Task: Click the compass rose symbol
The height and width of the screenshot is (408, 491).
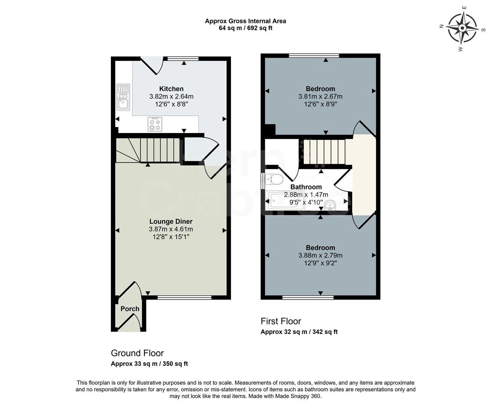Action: click(462, 28)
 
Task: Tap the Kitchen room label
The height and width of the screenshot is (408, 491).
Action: click(171, 89)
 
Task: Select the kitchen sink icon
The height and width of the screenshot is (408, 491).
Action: click(123, 97)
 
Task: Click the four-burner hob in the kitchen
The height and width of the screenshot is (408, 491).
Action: click(155, 124)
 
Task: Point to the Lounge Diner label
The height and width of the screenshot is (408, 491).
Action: click(171, 221)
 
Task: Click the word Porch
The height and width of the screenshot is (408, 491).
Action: click(130, 309)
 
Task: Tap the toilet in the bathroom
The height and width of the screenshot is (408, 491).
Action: click(274, 179)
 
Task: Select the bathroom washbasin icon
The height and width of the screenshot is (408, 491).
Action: click(330, 205)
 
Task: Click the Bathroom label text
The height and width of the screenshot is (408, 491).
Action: click(306, 187)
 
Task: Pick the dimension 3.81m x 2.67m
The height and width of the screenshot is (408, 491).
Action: click(320, 96)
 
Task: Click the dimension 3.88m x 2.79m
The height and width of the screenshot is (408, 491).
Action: click(320, 255)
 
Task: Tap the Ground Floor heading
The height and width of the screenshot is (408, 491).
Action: click(137, 353)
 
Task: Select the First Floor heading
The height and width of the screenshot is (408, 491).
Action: click(281, 321)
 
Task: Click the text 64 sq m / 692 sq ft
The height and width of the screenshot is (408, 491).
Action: click(245, 28)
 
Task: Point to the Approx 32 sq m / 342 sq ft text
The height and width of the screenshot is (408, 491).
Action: click(299, 332)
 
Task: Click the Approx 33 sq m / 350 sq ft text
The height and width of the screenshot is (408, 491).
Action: click(149, 364)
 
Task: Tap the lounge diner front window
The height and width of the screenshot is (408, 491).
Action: click(184, 298)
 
